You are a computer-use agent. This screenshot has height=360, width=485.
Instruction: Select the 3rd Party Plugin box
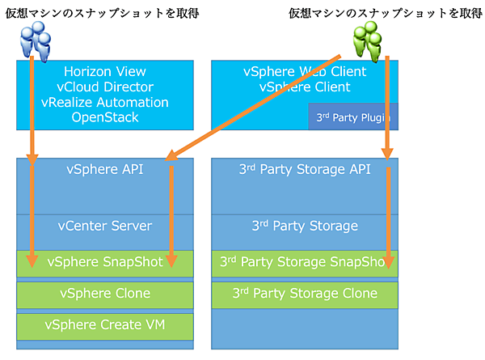pos(353,117)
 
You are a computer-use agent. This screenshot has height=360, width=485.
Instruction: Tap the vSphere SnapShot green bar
pos(105,262)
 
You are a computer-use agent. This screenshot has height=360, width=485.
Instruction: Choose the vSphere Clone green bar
pos(105,294)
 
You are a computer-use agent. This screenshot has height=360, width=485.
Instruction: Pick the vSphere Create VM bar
pos(105,326)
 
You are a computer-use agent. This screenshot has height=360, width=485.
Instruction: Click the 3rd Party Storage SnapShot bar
pos(305,262)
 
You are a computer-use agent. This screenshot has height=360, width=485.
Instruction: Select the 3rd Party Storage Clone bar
pos(305,294)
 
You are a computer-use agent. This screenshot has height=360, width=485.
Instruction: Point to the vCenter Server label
pos(105,226)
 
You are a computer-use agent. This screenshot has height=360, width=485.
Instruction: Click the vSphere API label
pos(105,170)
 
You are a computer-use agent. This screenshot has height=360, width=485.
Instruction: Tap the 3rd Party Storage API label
pos(305,170)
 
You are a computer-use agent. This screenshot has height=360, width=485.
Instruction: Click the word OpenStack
pos(105,117)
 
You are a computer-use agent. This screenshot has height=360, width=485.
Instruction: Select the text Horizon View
pos(105,71)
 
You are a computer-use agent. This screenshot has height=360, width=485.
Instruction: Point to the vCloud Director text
pos(105,87)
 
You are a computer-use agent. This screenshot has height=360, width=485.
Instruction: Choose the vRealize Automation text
pos(105,102)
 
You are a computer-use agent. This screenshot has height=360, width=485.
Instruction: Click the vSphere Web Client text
pos(305,71)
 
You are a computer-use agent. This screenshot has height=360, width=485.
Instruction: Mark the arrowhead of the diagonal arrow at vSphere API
pos(171,159)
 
